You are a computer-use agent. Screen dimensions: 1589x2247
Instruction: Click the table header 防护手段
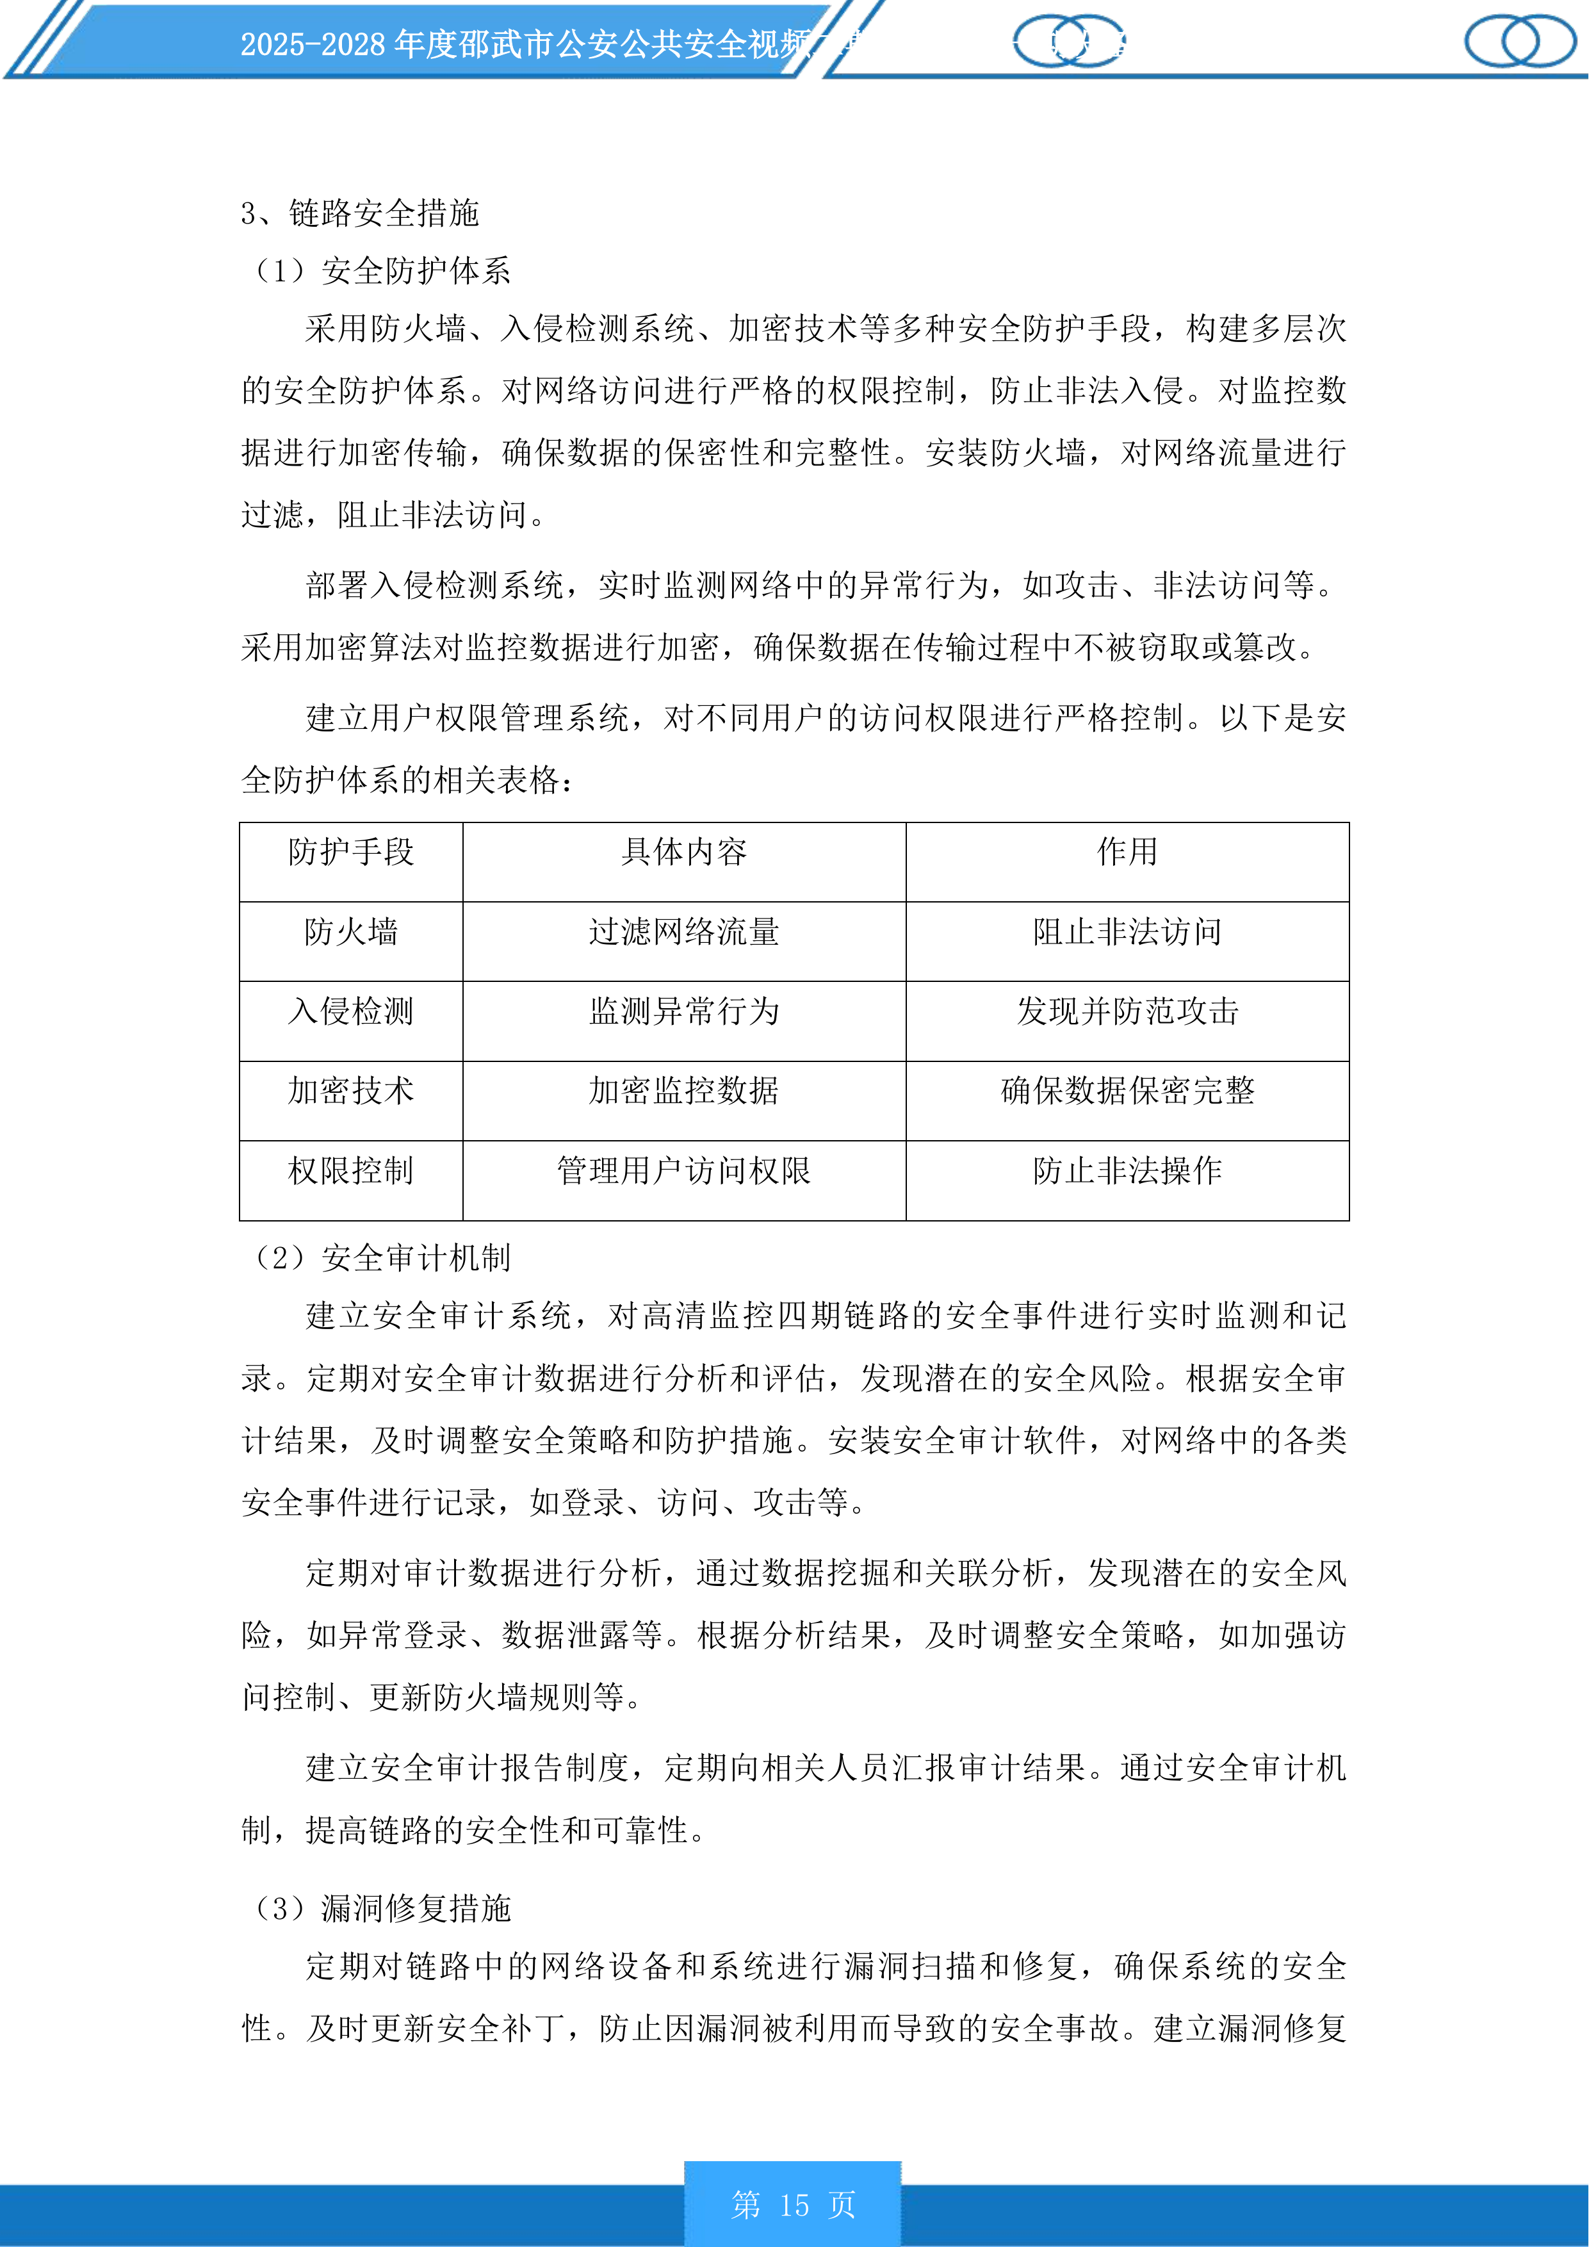pos(350,851)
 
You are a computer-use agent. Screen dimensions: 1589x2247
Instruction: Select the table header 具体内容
pos(684,851)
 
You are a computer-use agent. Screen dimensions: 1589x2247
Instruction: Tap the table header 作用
pos(1127,851)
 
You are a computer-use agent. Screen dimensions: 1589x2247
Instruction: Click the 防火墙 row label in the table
pos(350,932)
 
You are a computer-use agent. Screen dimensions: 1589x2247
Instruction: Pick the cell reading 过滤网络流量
pos(684,932)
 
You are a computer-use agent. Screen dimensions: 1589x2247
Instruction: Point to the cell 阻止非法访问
pos(1127,932)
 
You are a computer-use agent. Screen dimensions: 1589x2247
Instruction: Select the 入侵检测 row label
pos(350,1011)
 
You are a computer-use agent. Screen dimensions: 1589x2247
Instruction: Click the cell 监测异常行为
pos(684,1011)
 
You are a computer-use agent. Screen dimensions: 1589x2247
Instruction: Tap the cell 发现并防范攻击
pos(1127,1011)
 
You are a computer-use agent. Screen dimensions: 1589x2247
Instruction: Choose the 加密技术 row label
pos(350,1090)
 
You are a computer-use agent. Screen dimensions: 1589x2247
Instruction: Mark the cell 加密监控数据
pos(684,1090)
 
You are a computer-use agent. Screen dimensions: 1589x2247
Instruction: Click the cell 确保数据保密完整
pos(1127,1090)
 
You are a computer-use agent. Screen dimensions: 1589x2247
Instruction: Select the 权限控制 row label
pos(350,1170)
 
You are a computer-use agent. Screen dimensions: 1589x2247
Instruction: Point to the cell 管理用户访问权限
pos(684,1170)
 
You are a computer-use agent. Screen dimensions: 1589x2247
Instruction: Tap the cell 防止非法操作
pos(1127,1170)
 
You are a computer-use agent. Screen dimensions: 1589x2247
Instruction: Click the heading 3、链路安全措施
pos(360,213)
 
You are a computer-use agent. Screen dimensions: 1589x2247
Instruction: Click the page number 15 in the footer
pos(794,2204)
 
